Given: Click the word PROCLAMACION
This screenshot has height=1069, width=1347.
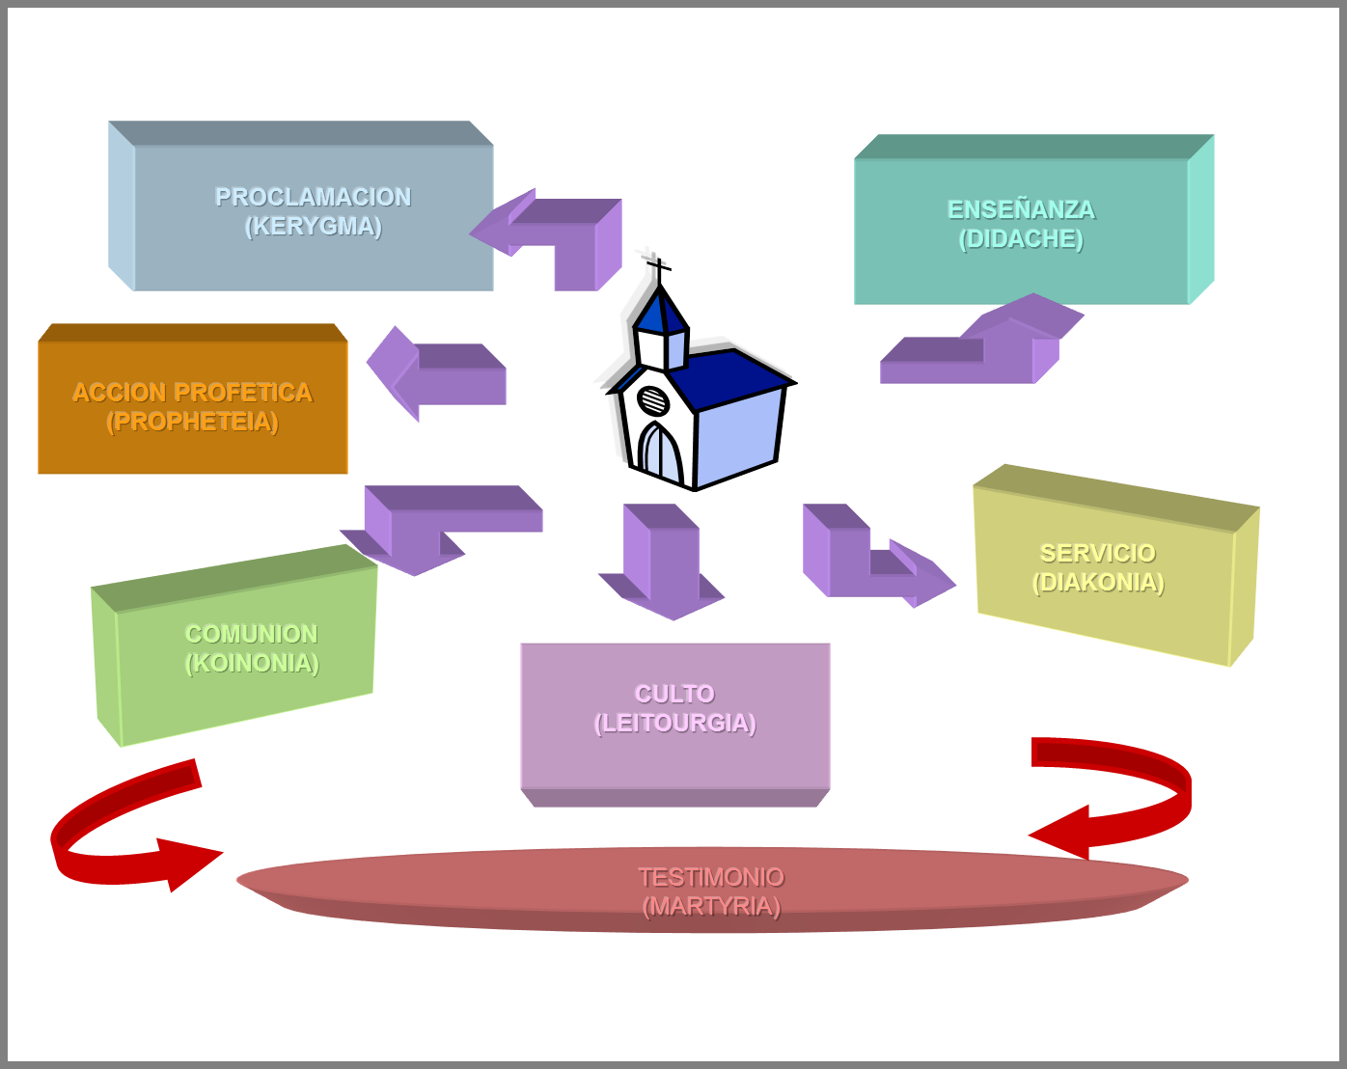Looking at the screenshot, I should click(313, 197).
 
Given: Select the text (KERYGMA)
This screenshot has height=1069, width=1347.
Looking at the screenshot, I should click(313, 227).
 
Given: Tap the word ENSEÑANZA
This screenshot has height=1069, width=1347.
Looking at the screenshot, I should click(1021, 209).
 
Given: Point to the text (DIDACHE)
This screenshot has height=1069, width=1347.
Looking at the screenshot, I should click(1021, 239).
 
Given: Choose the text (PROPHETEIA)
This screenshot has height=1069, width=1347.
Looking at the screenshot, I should click(192, 422).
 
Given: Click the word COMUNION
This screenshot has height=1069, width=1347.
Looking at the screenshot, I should click(251, 634).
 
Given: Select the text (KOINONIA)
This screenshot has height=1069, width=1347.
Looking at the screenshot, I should click(251, 664).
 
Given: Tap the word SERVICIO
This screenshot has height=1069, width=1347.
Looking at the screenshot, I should click(1097, 553).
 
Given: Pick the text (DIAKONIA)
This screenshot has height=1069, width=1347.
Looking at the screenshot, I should click(1098, 583).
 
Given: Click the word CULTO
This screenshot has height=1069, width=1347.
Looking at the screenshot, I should click(674, 694).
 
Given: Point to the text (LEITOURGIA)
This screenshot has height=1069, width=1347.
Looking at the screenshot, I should click(674, 724).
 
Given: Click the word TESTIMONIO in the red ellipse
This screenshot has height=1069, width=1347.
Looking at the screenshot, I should click(711, 877).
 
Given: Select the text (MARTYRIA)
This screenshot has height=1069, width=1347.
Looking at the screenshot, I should click(711, 907).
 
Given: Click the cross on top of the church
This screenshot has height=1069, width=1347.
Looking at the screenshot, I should click(658, 267).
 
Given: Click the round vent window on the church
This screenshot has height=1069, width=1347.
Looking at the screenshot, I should click(653, 399).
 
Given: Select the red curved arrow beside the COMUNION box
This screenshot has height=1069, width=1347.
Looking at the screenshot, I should click(125, 830).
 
